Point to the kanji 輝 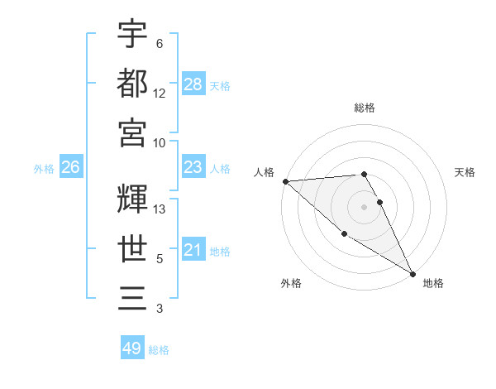click(132, 198)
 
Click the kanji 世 click(132, 247)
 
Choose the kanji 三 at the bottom click(132, 297)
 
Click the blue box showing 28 click(193, 84)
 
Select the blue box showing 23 click(193, 168)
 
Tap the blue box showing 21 click(193, 250)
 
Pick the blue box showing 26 click(70, 168)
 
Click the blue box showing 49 click(132, 348)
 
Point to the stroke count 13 click(160, 210)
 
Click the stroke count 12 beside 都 click(160, 94)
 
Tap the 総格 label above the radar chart click(365, 108)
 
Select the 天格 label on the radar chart click(465, 172)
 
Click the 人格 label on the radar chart click(265, 172)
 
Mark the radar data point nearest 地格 click(413, 273)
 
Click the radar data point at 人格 click(285, 181)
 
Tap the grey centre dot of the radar click(365, 207)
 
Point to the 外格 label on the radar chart click(291, 283)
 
